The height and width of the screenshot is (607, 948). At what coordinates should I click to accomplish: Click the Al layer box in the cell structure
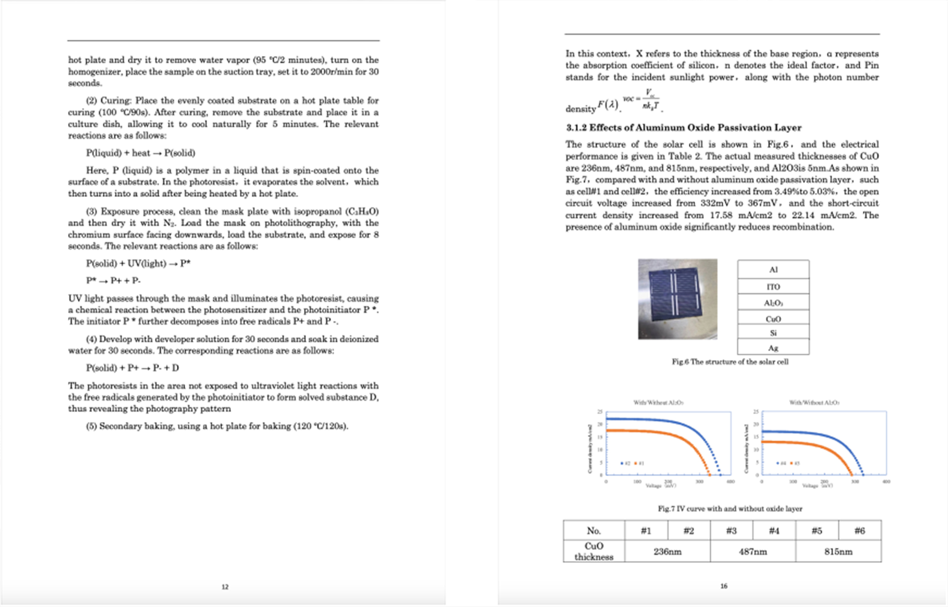[x=773, y=269]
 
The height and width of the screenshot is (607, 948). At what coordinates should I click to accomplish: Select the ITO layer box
[x=773, y=287]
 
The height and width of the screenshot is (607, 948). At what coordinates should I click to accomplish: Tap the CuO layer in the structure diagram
[x=773, y=319]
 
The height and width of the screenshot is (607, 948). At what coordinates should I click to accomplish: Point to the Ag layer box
[x=773, y=348]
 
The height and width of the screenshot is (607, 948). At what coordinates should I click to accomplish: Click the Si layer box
[x=773, y=333]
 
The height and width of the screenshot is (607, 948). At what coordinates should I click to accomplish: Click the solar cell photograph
[x=677, y=299]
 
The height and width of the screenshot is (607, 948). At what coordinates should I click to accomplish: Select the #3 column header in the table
[x=731, y=530]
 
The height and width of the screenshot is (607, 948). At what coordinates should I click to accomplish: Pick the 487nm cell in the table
[x=752, y=551]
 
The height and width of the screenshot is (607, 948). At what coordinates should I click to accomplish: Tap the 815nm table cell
[x=838, y=551]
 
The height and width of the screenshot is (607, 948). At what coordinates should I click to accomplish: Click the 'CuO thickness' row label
[x=594, y=551]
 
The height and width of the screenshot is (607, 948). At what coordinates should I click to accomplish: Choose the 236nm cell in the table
[x=667, y=551]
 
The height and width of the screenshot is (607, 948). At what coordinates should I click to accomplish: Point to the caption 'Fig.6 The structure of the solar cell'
[x=730, y=362]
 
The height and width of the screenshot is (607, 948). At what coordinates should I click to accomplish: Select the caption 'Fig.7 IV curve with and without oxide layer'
[x=730, y=509]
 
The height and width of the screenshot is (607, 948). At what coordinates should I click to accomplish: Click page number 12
[x=225, y=587]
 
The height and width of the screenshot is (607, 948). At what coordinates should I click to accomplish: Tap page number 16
[x=723, y=586]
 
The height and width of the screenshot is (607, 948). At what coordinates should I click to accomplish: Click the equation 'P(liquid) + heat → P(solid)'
[x=140, y=153]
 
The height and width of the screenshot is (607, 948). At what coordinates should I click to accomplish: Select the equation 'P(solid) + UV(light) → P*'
[x=138, y=263]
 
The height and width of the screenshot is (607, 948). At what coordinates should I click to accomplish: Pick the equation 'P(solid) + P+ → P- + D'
[x=132, y=368]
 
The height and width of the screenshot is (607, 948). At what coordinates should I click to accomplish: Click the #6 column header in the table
[x=859, y=530]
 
